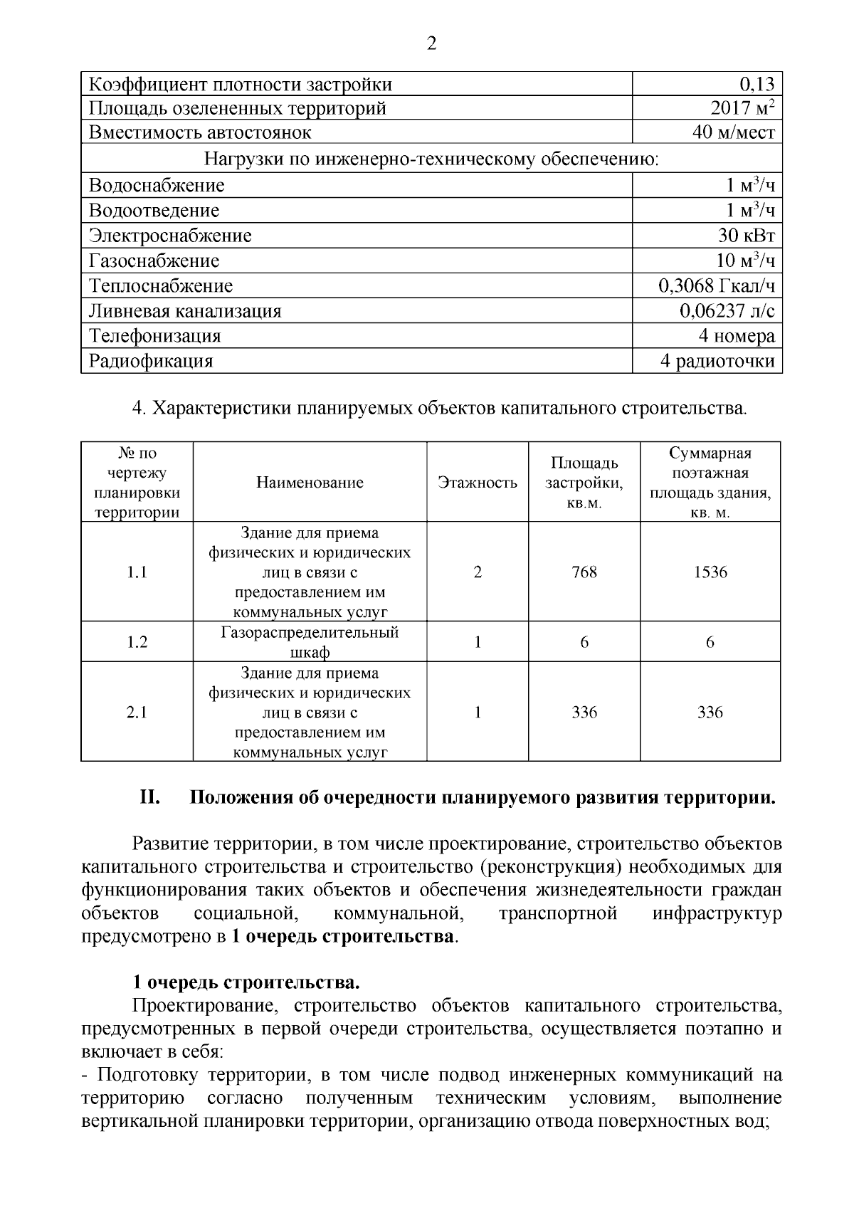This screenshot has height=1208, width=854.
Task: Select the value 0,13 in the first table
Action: click(757, 85)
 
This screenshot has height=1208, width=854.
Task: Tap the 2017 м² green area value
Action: click(742, 108)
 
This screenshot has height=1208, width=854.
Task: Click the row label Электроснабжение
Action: click(170, 236)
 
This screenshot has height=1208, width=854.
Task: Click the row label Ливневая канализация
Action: click(185, 311)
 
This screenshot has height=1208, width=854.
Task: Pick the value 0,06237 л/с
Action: click(727, 311)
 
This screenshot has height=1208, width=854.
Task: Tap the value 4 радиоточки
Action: click(717, 361)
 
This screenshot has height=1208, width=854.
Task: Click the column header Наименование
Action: click(310, 483)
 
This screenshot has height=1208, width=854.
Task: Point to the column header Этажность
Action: click(478, 483)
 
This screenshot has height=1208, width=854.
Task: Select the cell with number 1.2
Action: click(137, 642)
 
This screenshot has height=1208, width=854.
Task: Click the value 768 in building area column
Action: click(584, 572)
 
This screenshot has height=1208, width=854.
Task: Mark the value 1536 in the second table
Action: click(710, 572)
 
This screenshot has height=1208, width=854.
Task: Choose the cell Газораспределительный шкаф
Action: click(310, 642)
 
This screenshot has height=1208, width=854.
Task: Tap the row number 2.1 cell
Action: click(137, 712)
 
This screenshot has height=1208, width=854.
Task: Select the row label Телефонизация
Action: click(154, 336)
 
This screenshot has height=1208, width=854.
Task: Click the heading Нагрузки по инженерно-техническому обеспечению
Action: click(431, 159)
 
